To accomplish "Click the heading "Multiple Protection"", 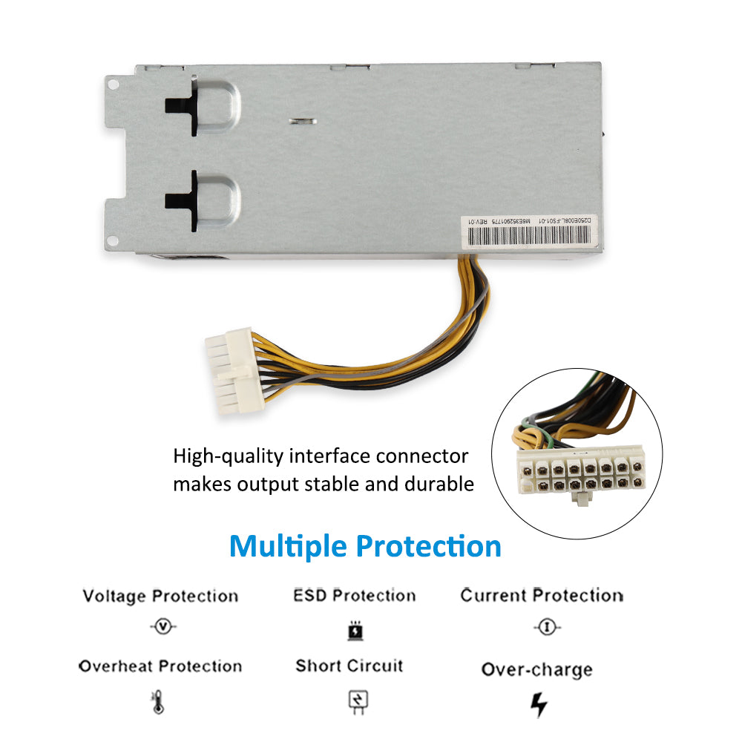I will pyautogui.click(x=365, y=546).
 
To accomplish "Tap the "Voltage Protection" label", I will pyautogui.click(x=160, y=597).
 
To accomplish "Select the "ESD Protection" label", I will pyautogui.click(x=355, y=596).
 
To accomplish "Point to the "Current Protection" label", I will pyautogui.click(x=542, y=596).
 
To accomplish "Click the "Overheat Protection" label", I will pyautogui.click(x=160, y=666).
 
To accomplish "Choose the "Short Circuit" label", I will pyautogui.click(x=349, y=666).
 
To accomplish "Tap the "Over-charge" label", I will pyautogui.click(x=537, y=669).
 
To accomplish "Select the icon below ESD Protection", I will pyautogui.click(x=355, y=630).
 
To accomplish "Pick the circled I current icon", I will pyautogui.click(x=547, y=628).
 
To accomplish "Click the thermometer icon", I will pyautogui.click(x=157, y=701).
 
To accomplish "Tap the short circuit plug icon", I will pyautogui.click(x=358, y=701).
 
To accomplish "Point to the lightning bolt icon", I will pyautogui.click(x=539, y=704).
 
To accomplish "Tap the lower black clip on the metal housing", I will pyautogui.click(x=183, y=200).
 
